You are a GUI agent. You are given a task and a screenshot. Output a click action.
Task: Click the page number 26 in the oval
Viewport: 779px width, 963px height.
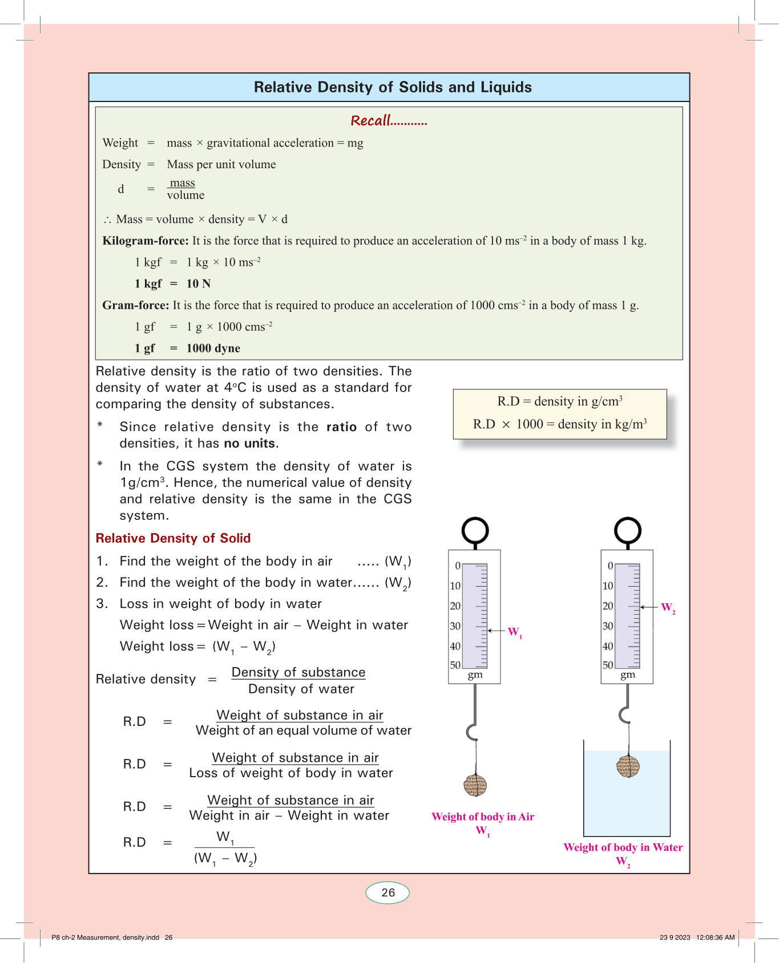388,893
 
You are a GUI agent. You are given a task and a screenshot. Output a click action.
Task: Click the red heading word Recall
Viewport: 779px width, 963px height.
371,121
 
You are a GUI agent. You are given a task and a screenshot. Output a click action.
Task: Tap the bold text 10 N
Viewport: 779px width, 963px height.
199,284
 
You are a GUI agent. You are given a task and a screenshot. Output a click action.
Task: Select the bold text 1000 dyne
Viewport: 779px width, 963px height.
213,348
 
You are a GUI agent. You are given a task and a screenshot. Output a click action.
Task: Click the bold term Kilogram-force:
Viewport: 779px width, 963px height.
146,241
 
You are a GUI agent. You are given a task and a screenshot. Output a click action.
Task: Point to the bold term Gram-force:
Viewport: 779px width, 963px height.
136,305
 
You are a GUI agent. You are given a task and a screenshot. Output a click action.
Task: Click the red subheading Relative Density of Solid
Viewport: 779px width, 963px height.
173,538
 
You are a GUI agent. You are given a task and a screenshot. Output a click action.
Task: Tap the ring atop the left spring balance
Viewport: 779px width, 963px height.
475,530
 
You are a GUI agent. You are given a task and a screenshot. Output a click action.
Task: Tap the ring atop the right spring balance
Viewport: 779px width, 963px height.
627,530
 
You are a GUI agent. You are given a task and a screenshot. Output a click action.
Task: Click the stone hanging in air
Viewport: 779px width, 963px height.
475,786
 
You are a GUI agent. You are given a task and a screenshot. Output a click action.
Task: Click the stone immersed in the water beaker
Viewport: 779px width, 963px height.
628,766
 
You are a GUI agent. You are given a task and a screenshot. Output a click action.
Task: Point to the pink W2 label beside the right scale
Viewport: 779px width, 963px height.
668,608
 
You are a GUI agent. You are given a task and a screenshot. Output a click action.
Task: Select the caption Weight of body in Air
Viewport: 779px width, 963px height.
483,816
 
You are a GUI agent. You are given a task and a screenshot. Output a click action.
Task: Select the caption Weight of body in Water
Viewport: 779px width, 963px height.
623,847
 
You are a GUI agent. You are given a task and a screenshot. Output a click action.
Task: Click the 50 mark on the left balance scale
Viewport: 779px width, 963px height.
455,665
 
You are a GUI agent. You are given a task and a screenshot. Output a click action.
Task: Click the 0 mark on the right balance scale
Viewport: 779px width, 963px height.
610,566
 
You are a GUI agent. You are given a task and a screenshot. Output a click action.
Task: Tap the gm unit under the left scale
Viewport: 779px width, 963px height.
475,675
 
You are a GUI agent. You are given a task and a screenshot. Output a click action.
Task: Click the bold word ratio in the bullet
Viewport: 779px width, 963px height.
341,427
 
